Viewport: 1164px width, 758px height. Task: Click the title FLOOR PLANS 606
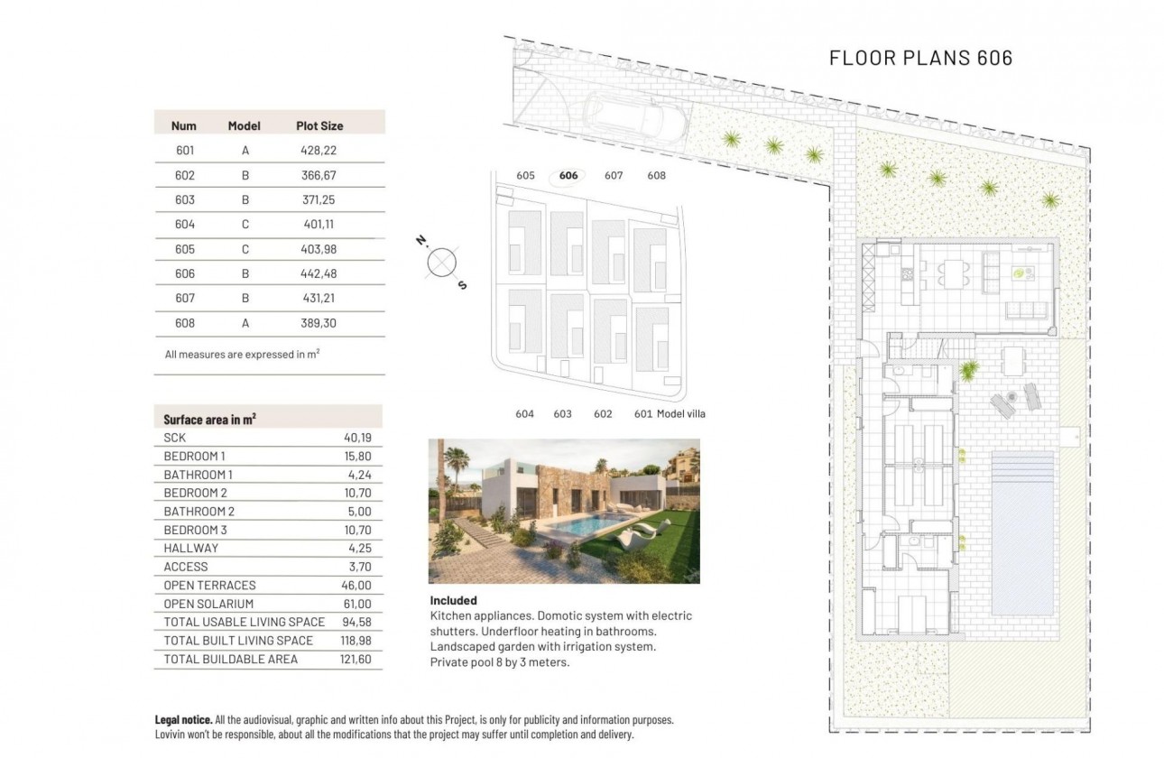click(920, 58)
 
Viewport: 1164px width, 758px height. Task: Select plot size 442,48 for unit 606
click(318, 273)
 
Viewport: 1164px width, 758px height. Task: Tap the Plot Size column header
click(319, 125)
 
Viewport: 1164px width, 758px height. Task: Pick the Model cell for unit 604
click(245, 225)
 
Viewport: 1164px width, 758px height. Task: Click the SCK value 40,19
click(357, 438)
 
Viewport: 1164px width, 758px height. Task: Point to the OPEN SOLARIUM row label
click(208, 604)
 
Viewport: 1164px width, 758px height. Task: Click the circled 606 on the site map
click(568, 176)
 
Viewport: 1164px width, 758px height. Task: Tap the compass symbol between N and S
click(441, 263)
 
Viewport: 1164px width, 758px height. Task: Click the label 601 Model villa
click(670, 414)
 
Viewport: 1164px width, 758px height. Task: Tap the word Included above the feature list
click(453, 600)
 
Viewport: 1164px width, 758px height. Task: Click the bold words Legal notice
click(184, 720)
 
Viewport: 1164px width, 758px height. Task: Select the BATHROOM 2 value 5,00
click(359, 512)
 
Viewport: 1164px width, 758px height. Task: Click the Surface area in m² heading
click(209, 420)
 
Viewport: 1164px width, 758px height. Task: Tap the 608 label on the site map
click(657, 176)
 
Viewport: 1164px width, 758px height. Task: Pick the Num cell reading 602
click(185, 176)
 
